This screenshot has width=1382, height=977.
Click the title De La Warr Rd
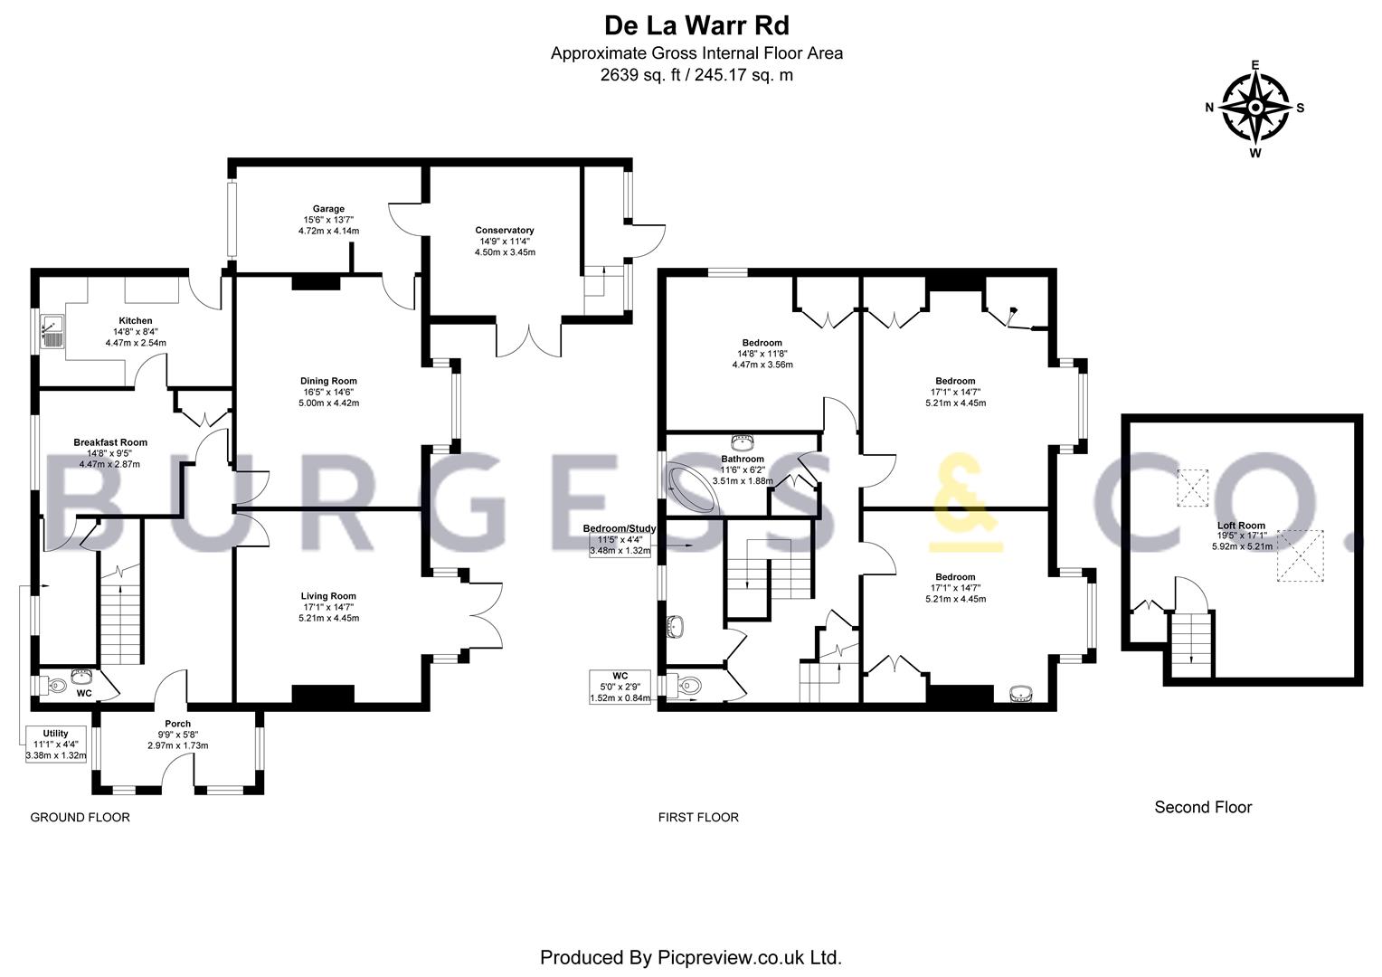[696, 24]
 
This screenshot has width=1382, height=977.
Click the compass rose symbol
[1254, 108]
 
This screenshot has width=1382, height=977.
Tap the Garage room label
[328, 220]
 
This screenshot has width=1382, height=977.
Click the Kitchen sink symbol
[52, 332]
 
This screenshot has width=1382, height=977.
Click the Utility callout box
[55, 744]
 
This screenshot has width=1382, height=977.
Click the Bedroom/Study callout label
[619, 538]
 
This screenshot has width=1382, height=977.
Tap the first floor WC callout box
[620, 687]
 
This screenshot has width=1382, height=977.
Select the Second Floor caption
[1203, 807]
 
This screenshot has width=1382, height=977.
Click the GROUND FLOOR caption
[80, 818]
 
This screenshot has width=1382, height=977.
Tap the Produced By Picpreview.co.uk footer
[691, 956]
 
